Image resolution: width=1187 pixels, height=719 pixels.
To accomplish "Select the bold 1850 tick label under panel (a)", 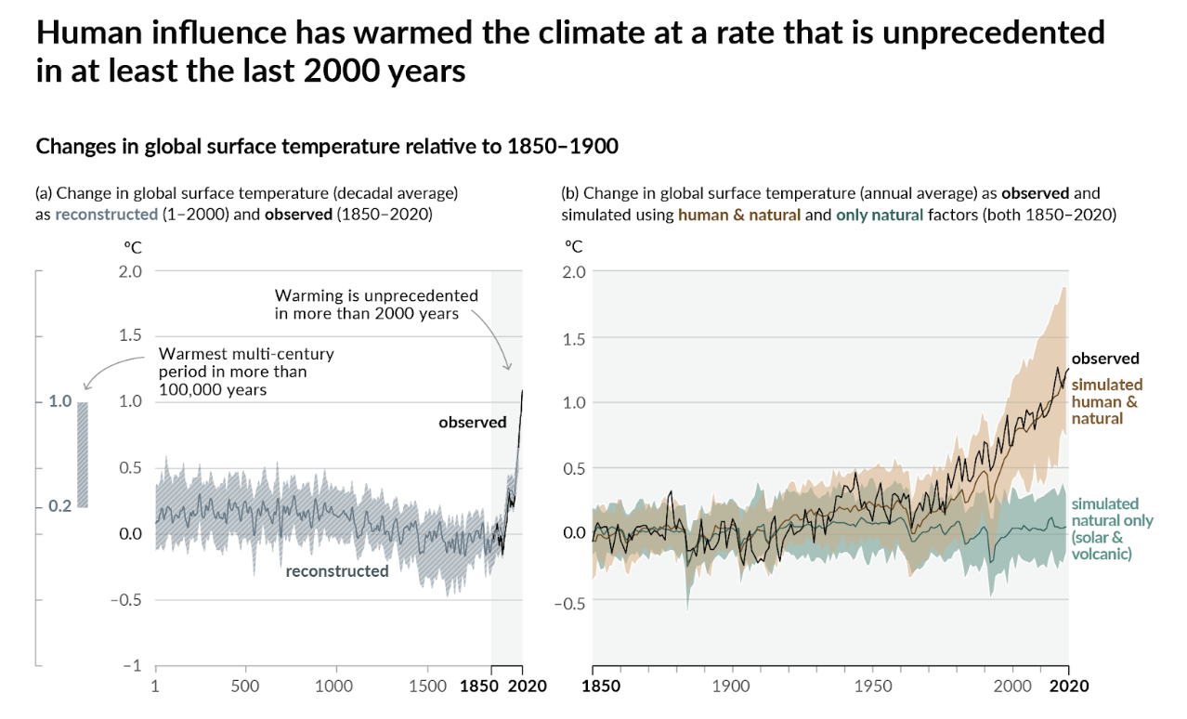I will point(480,686).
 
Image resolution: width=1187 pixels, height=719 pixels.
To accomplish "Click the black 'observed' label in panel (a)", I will point(473,423).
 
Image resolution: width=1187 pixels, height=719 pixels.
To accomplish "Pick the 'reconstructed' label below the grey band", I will point(337,571).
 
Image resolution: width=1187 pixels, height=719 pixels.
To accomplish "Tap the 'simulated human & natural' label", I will point(1107,401).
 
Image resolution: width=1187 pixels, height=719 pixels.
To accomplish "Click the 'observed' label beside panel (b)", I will point(1105,359).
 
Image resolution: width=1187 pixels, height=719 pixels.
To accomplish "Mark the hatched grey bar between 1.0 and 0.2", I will point(83,454).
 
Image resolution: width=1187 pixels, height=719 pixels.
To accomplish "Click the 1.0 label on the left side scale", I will point(59,402).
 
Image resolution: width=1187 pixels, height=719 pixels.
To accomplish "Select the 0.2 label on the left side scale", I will point(59,506).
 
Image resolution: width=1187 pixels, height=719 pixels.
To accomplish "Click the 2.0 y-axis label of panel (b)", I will point(576,271).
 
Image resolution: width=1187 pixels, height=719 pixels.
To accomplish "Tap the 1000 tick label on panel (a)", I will point(334,686).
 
